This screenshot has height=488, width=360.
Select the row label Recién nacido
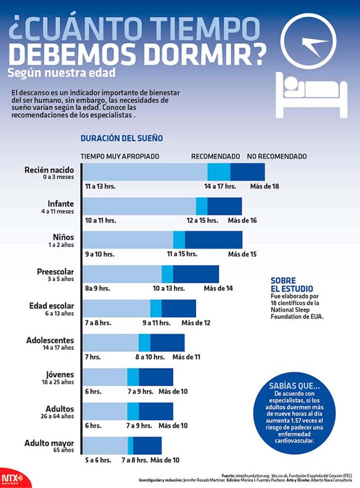(x=49, y=170)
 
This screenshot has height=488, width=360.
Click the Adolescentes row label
(x=50, y=340)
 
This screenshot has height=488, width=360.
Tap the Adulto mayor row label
(x=49, y=443)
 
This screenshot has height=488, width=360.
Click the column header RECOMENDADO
(x=215, y=157)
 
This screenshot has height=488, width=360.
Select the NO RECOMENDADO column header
(x=277, y=157)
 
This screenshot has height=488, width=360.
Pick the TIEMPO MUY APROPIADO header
(x=120, y=157)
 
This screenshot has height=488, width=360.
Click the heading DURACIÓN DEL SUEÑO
(x=121, y=138)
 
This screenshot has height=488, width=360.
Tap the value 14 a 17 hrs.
(x=220, y=186)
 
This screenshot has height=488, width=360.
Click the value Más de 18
(x=264, y=186)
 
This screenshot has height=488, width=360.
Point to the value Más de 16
(x=242, y=220)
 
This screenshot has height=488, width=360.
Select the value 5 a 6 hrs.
(x=99, y=460)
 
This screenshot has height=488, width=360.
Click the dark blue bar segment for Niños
(x=213, y=239)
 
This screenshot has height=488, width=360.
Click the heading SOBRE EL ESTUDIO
(x=292, y=284)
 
